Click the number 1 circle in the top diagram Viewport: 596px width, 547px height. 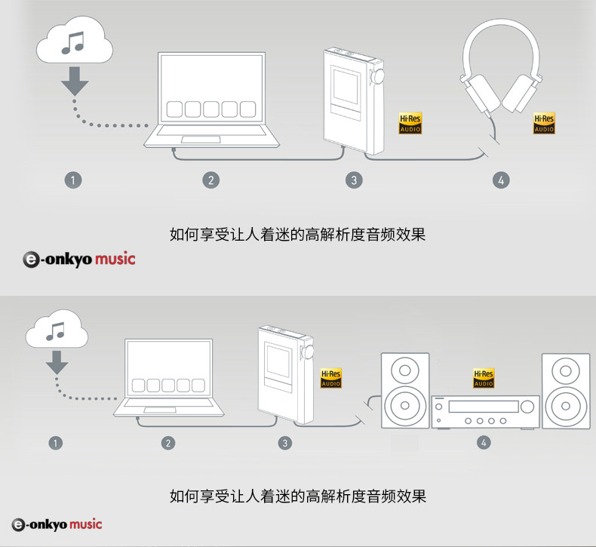tap(73, 180)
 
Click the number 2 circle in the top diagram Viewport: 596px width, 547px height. tap(211, 180)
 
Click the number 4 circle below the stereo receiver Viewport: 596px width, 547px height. tap(484, 443)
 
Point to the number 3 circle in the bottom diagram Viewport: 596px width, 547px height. tap(285, 443)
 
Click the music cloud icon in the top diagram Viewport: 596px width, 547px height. tap(75, 44)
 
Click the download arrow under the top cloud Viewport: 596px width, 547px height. tap(74, 80)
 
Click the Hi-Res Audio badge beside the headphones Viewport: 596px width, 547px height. tap(544, 124)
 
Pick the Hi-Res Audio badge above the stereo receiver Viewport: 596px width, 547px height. tap(483, 379)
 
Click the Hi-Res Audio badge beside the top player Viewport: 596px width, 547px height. tap(410, 124)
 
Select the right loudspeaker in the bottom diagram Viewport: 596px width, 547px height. tap(567, 390)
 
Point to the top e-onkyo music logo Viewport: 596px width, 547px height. tap(79, 259)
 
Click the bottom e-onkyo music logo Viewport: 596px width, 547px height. tap(57, 524)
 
